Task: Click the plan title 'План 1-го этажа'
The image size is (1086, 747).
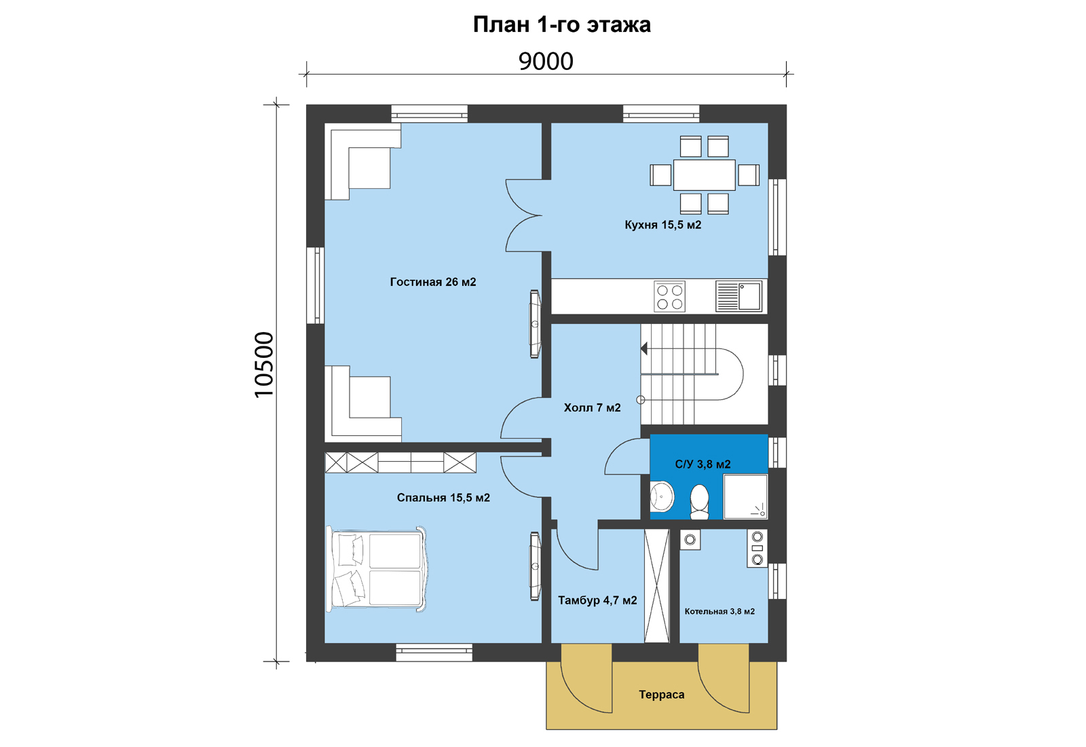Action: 562,24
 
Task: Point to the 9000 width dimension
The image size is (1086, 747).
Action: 546,61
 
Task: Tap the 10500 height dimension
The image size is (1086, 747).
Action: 264,365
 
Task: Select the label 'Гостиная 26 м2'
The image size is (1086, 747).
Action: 433,282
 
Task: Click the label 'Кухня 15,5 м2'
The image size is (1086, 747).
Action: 662,225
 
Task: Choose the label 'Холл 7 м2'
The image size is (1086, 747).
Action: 592,407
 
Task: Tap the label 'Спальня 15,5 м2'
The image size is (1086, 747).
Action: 443,498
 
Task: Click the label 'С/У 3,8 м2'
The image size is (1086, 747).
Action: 703,464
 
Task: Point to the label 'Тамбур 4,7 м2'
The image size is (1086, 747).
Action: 597,600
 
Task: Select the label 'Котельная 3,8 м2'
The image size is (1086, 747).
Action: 719,612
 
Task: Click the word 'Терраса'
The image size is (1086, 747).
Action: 661,695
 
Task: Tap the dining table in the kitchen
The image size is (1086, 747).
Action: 705,175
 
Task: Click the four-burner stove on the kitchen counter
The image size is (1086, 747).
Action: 669,296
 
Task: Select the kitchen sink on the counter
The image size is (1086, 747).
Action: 739,296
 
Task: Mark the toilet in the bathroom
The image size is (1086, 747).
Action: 699,502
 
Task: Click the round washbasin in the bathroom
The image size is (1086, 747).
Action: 662,496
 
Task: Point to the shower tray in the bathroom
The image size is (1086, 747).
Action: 745,496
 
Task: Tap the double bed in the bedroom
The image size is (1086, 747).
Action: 377,569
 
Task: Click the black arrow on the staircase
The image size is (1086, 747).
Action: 644,348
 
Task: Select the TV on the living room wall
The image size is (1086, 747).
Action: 535,324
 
